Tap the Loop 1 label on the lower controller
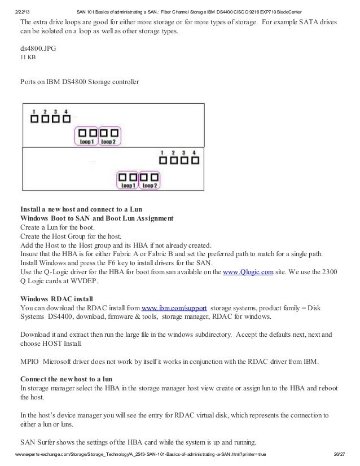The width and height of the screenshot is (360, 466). (128, 185)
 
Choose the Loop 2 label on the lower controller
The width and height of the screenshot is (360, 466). (150, 185)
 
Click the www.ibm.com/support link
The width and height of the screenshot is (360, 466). (173, 309)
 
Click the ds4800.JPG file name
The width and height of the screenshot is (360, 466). (38, 48)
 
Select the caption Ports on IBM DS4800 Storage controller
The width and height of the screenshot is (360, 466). (79, 82)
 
